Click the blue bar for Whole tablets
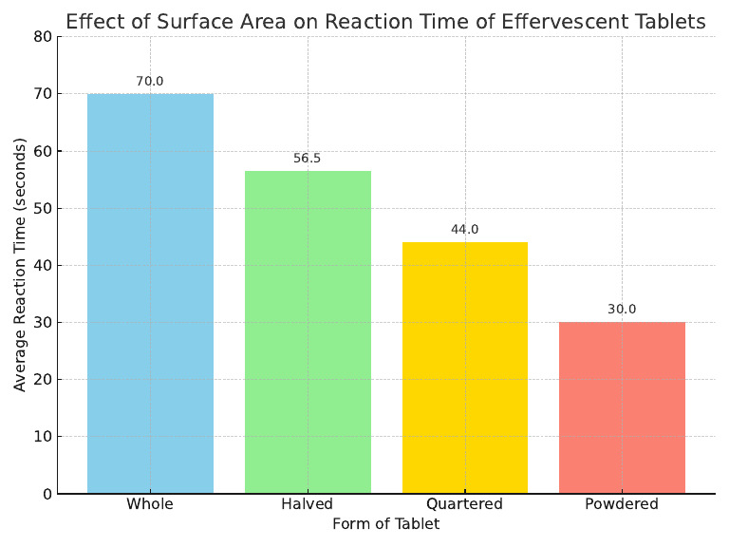point(150,293)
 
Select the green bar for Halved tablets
point(308,331)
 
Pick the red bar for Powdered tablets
point(622,407)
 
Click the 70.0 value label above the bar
point(150,82)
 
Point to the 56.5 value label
point(308,159)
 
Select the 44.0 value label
point(465,230)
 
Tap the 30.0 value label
point(622,310)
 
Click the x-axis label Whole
point(150,504)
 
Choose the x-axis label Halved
point(308,504)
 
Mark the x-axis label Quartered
point(465,504)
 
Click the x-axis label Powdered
point(622,504)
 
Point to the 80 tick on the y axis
point(41,37)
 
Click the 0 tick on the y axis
point(46,494)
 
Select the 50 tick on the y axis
point(41,209)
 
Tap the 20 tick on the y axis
point(41,380)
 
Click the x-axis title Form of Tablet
point(385,524)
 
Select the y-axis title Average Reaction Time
point(21,265)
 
